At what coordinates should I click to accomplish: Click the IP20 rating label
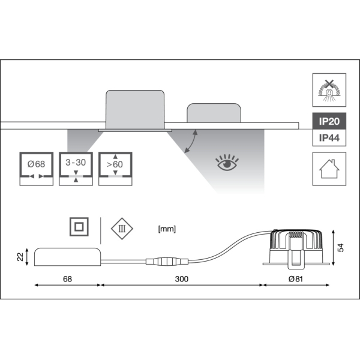[329, 121]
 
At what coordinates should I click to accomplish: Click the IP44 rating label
[329, 138]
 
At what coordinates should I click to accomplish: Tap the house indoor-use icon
[329, 169]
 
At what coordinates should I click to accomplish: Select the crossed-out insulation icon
[329, 89]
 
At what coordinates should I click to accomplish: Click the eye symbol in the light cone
[227, 163]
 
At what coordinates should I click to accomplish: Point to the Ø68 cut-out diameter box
[37, 169]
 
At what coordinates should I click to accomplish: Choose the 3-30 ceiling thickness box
[76, 169]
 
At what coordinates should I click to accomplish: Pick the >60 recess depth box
[116, 169]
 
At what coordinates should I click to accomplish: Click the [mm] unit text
[166, 229]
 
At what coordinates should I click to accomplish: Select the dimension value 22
[19, 257]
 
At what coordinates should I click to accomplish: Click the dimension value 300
[181, 279]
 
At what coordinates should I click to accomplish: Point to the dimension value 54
[341, 248]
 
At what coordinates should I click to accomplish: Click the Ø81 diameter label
[295, 279]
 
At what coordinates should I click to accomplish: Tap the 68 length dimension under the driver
[67, 279]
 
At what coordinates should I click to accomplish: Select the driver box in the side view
[67, 257]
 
